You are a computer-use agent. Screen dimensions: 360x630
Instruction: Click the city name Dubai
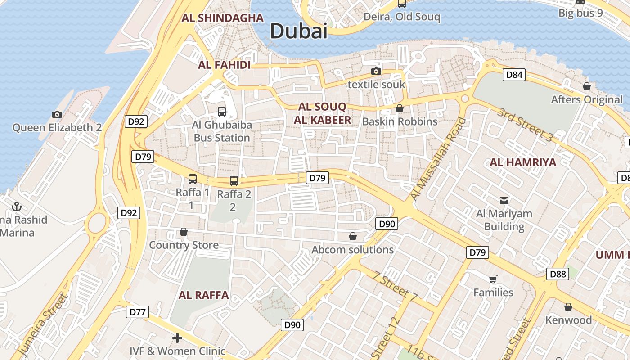coord(298,31)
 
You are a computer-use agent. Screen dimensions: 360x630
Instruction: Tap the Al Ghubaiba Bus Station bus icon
coord(222,111)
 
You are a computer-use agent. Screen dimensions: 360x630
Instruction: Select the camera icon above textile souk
coord(376,71)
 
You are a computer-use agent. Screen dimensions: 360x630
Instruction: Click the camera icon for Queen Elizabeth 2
coord(57,114)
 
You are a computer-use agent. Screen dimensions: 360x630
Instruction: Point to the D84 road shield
coord(514,75)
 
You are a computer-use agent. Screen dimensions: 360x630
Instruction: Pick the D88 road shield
coord(557,274)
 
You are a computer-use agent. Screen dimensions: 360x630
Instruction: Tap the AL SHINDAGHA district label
coord(222,18)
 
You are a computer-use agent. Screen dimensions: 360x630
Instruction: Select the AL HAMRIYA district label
coord(523,162)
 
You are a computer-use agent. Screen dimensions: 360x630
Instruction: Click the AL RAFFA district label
coord(204,295)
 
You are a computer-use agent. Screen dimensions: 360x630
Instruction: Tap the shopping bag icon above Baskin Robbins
coord(399,108)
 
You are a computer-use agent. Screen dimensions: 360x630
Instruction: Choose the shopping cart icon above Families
coord(493,279)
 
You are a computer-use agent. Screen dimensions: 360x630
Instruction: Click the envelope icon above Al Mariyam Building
coord(504,200)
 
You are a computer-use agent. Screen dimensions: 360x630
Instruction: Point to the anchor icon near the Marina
coord(17,207)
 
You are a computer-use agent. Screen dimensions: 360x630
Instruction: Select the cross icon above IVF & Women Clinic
coord(177,337)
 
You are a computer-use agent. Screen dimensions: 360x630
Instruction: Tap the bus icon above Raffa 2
coord(234,181)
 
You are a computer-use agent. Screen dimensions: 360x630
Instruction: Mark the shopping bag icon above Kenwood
coord(568,307)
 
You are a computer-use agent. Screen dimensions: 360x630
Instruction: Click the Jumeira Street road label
coord(43,325)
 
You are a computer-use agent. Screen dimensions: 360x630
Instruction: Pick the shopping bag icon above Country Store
coord(184,232)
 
